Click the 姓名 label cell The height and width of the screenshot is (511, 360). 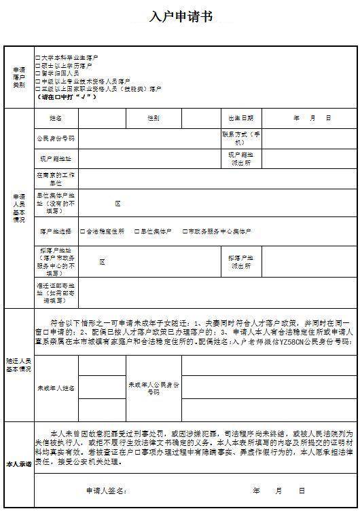56,118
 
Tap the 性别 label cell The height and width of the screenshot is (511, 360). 154,118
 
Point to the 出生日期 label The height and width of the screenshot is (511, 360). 241,118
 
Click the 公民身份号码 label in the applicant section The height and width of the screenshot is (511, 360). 56,138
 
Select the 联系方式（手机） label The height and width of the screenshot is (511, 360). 241,138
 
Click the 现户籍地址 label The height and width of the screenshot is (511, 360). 56,159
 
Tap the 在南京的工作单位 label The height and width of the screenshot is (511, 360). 56,179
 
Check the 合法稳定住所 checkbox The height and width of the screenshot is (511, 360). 82,231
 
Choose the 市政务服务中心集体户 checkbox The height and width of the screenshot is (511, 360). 185,231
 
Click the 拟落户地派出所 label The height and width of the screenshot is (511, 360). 241,263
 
